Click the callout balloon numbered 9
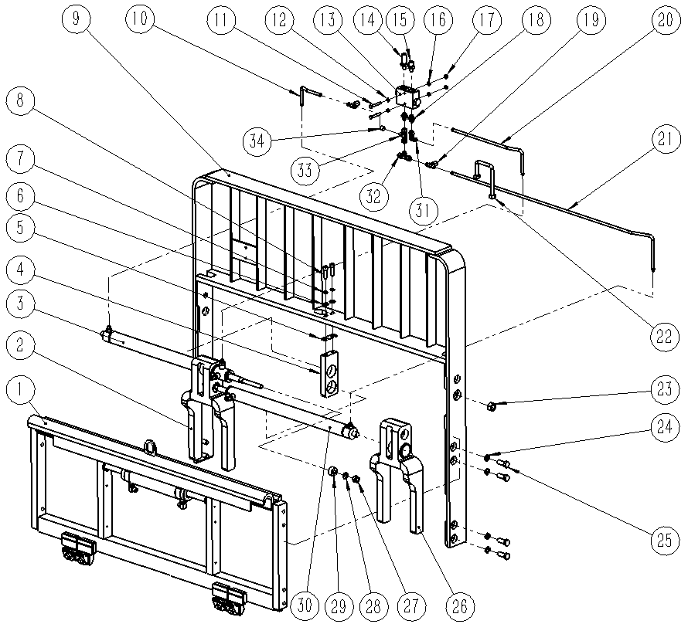[75, 19]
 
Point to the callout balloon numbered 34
[258, 141]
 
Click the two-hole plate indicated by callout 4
[329, 374]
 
